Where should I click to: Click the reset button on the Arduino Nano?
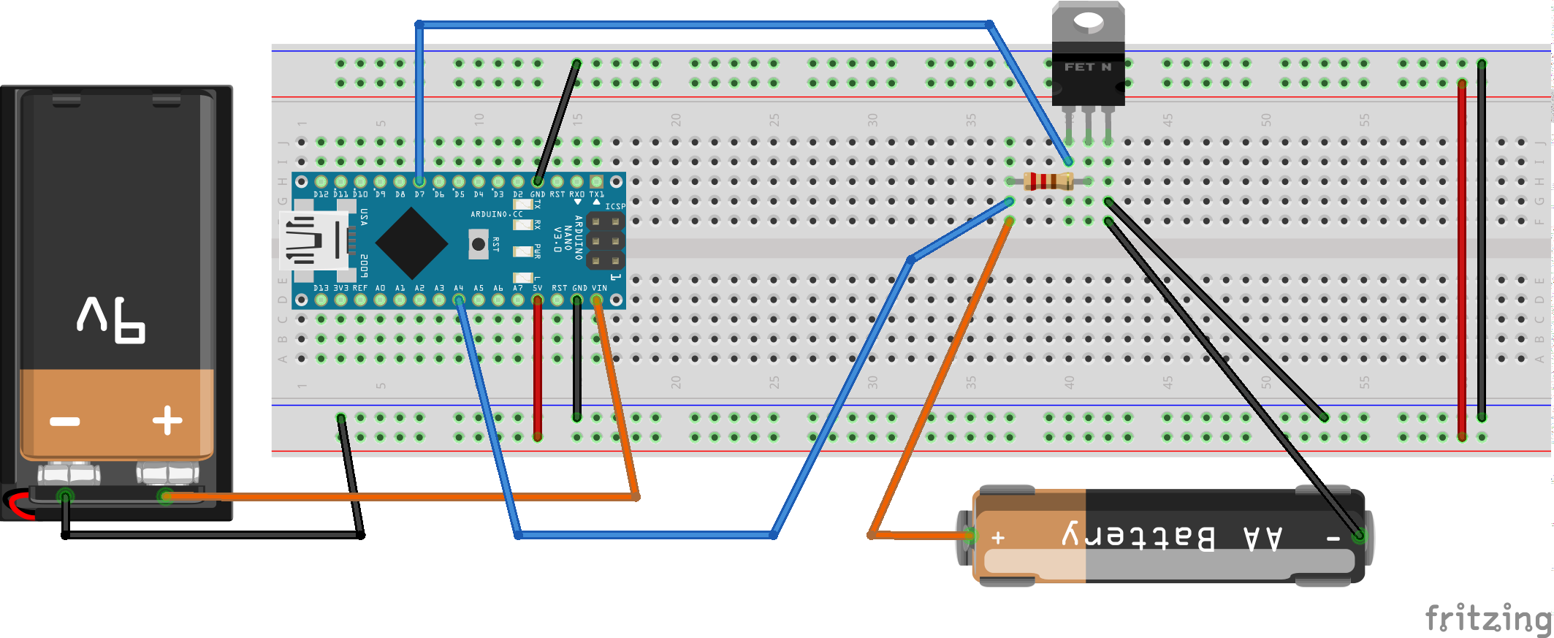(479, 244)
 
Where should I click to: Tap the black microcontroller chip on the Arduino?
(411, 243)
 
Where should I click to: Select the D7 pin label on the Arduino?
(419, 194)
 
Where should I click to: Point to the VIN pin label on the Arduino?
(599, 288)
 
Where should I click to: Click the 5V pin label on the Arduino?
(537, 288)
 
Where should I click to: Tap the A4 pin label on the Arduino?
(459, 288)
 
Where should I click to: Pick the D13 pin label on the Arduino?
(321, 288)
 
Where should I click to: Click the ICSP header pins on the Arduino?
(605, 240)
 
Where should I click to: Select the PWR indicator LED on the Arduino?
(522, 251)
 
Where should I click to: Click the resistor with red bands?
(1048, 181)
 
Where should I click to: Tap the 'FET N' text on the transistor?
(1088, 67)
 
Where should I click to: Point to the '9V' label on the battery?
(112, 319)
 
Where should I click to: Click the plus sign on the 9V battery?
(167, 420)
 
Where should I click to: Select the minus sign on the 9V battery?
(64, 422)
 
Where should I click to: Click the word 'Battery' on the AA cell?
(1138, 537)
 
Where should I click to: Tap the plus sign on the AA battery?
(998, 539)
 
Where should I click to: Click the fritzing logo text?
(1489, 618)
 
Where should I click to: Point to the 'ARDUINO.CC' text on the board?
(497, 214)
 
